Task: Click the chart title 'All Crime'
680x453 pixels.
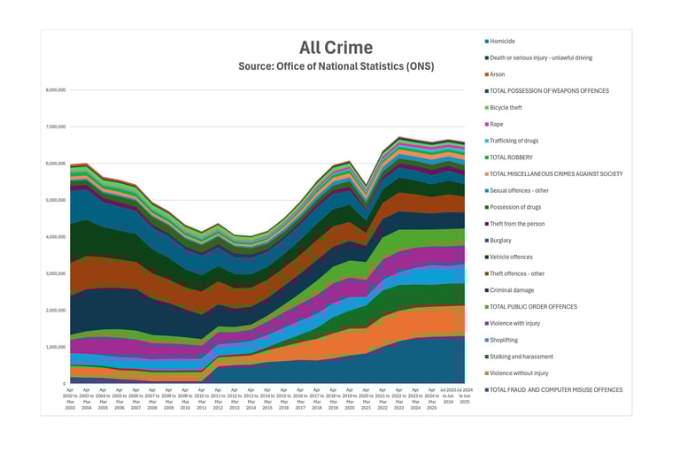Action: click(335, 48)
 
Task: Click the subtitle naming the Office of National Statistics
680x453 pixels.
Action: click(335, 66)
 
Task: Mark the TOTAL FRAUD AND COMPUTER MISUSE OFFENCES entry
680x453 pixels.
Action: click(555, 389)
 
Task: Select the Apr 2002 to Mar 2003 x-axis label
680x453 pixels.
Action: click(71, 397)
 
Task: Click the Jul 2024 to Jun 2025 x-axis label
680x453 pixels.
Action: click(465, 397)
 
